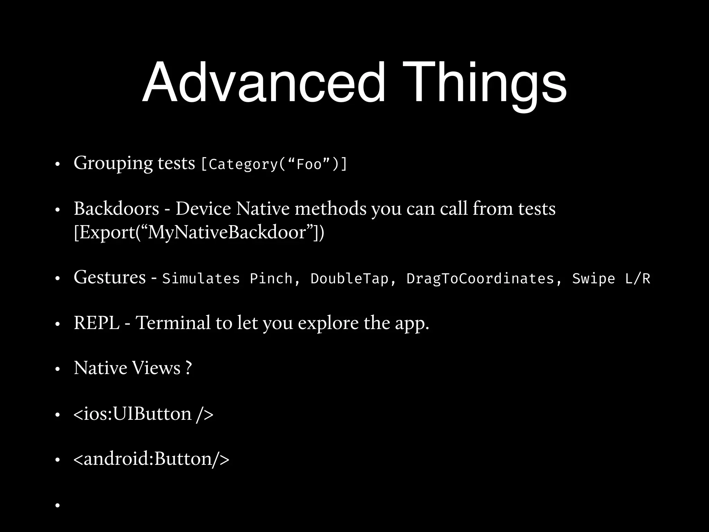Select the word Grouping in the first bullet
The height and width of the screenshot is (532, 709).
[113, 163]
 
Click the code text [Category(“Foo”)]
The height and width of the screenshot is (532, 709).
[274, 164]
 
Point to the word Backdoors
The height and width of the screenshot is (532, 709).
[116, 209]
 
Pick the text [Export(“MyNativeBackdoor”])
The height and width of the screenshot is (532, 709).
[199, 232]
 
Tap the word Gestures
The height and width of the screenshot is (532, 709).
[110, 277]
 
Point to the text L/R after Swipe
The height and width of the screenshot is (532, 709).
[637, 279]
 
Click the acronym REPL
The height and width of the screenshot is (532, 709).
[97, 323]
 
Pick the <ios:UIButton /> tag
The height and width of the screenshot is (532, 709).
[143, 414]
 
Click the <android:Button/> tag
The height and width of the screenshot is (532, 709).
[151, 459]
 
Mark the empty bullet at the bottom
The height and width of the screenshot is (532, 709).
[58, 505]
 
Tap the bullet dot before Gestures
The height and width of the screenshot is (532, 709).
[58, 278]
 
